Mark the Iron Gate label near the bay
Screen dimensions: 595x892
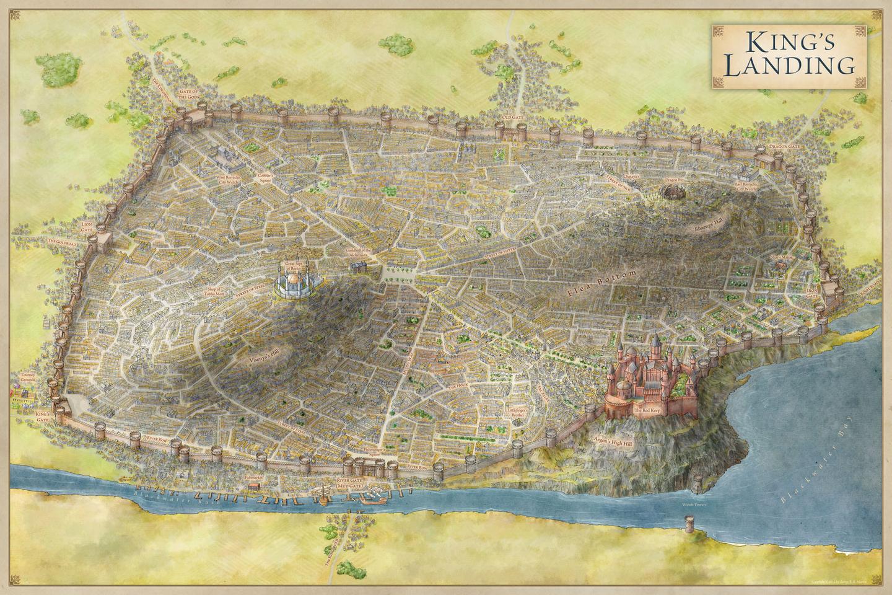point(812,293)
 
